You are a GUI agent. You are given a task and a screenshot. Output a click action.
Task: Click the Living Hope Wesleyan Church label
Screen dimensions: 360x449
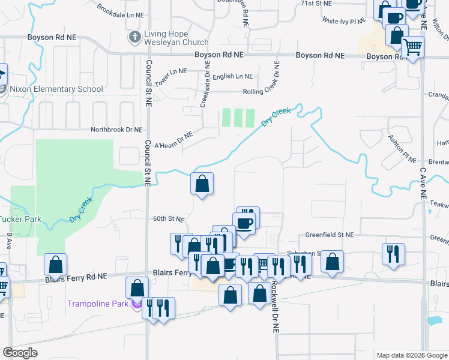click(175, 38)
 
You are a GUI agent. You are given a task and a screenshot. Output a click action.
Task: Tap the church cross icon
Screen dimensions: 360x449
click(134, 38)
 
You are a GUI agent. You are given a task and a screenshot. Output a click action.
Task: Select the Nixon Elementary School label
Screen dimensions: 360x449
click(56, 89)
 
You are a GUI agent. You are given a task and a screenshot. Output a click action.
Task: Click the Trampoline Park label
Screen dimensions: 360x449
click(98, 304)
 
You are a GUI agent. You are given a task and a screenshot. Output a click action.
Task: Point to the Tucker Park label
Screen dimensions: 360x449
click(20, 219)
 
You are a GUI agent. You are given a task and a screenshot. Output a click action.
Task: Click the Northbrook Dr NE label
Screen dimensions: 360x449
click(116, 130)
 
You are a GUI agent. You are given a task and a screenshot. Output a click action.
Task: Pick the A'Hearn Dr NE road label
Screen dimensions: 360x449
click(173, 141)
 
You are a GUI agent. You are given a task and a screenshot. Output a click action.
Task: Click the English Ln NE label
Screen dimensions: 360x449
click(233, 76)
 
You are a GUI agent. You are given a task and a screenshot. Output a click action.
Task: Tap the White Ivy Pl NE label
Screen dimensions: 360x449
click(344, 20)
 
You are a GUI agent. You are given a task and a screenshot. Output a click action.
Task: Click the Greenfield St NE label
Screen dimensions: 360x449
click(330, 235)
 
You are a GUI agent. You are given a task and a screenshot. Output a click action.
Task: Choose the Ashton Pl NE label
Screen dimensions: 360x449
click(402, 148)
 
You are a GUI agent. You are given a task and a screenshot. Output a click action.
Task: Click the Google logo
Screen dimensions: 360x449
click(20, 353)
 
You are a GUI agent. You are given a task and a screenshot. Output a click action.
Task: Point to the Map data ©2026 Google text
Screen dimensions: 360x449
click(411, 355)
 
